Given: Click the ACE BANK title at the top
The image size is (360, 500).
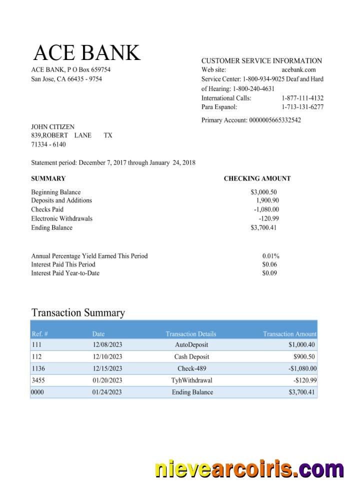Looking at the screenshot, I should (x=86, y=53).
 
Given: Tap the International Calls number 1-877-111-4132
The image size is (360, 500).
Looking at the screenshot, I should (x=302, y=98).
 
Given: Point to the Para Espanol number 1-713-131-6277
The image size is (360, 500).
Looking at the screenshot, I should (x=302, y=107).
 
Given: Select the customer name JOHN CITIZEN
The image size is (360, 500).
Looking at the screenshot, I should (x=52, y=127).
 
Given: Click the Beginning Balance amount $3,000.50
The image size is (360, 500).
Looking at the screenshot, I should (x=263, y=192).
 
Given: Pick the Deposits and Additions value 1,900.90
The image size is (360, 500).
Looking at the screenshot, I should (x=267, y=200).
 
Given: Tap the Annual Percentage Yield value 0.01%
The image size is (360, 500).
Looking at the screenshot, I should (x=270, y=256).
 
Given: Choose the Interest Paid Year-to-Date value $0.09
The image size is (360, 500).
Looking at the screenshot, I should (x=269, y=273).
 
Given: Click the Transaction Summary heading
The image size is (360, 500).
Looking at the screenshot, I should (x=78, y=313).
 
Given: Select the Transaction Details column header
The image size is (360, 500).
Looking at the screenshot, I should (x=191, y=334).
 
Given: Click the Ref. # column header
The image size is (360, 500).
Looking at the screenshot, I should (x=39, y=334).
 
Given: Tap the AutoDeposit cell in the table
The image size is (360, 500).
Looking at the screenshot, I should (x=191, y=345).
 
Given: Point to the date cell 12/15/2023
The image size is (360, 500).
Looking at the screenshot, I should (x=107, y=368).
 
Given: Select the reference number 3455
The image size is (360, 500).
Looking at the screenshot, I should (x=38, y=380).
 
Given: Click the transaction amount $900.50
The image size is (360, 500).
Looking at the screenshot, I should (x=304, y=357).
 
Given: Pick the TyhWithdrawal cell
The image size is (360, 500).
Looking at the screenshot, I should (x=191, y=380).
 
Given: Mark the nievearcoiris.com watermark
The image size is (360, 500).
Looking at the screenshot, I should (x=249, y=470).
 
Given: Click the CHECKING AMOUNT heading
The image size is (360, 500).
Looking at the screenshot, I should (x=257, y=178).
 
